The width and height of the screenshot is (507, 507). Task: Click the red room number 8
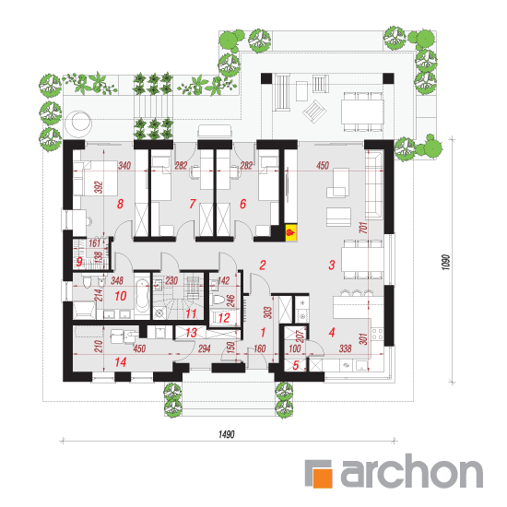(x=120, y=204)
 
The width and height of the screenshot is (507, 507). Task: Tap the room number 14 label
(x=121, y=362)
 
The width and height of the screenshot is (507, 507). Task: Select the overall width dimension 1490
(x=227, y=434)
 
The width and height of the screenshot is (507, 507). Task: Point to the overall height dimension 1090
(x=445, y=262)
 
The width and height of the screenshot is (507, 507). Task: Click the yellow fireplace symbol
(x=290, y=232)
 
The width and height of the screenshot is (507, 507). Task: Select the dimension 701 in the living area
(x=363, y=228)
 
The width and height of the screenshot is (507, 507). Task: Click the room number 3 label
(x=332, y=265)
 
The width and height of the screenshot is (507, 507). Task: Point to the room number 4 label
(x=332, y=332)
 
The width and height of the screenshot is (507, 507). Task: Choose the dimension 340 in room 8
(x=124, y=166)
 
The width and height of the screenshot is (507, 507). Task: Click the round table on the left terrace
(x=77, y=123)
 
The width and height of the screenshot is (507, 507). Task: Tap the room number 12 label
(x=224, y=318)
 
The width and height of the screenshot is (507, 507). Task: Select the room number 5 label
(x=296, y=365)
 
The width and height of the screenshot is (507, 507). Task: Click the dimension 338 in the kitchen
(x=346, y=348)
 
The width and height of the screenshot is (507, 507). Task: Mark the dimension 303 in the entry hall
(x=267, y=312)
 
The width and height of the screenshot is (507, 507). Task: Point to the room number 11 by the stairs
(x=191, y=313)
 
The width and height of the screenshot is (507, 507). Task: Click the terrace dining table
(x=362, y=112)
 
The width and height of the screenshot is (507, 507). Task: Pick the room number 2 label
(x=263, y=265)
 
